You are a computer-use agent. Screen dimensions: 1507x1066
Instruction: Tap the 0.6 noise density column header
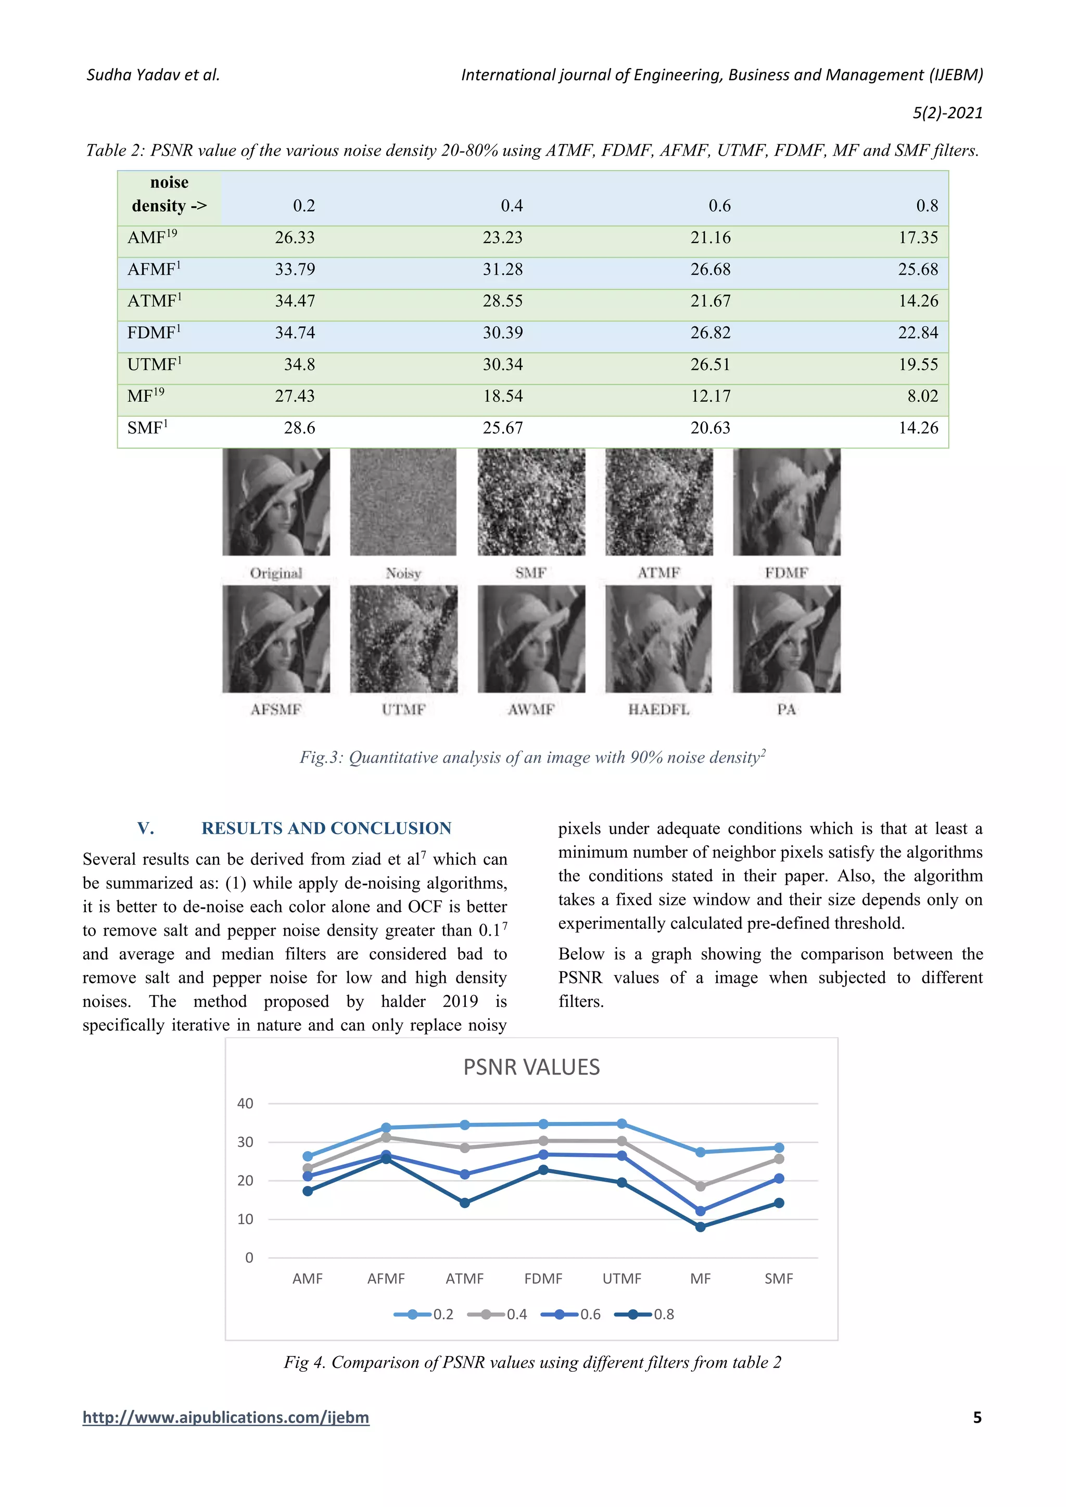719,206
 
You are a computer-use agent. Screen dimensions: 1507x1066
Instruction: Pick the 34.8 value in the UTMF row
299,365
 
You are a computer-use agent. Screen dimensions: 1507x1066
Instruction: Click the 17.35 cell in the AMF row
918,238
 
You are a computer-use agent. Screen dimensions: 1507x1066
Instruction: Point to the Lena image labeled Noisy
403,502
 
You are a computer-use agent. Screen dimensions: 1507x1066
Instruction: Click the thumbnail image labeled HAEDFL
658,638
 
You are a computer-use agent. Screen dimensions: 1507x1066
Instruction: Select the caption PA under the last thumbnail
786,709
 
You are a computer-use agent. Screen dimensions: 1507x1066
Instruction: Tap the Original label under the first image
276,573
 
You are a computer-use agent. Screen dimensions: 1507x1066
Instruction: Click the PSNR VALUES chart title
531,1067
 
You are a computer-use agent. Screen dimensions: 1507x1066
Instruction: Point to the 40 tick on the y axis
245,1103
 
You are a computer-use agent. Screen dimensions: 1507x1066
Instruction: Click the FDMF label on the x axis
543,1279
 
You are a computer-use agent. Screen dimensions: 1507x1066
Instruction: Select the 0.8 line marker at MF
701,1227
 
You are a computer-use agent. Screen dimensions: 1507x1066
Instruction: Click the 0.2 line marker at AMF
307,1156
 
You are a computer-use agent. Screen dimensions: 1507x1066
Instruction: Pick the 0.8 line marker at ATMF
465,1203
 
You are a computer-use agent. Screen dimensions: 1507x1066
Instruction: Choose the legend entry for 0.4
498,1314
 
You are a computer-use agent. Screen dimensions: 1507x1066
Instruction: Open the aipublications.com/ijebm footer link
226,1417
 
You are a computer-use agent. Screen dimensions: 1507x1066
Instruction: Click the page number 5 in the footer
976,1417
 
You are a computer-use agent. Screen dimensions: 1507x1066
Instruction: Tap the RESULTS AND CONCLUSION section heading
326,828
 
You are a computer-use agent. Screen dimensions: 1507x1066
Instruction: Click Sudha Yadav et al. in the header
153,75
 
